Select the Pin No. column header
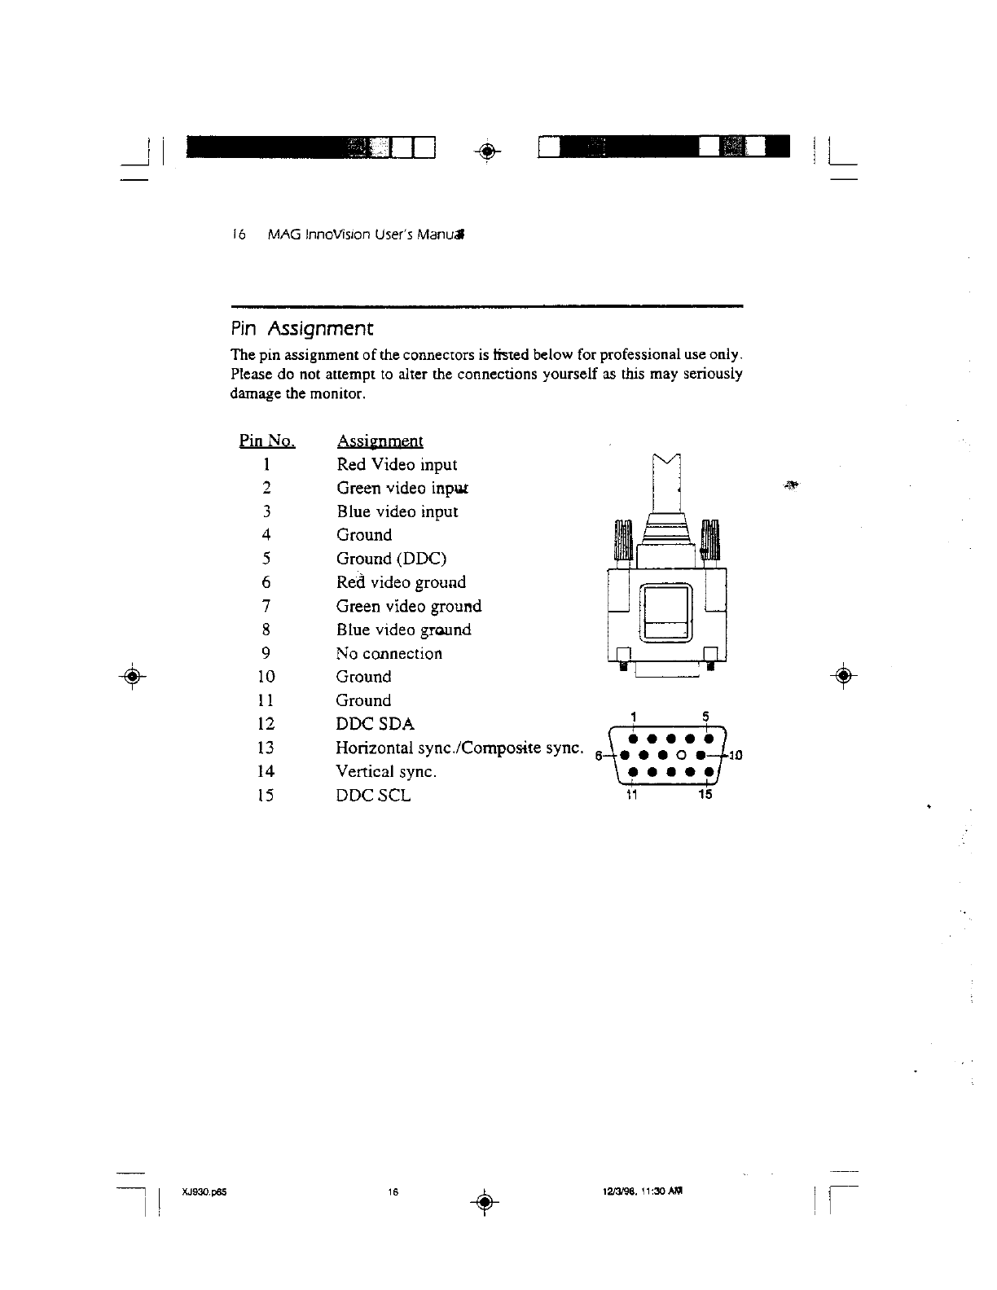[x=266, y=441]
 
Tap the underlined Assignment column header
[x=380, y=441]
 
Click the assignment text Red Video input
[x=397, y=465]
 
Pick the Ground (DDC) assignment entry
[x=391, y=559]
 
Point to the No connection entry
[x=389, y=653]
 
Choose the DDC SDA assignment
[x=376, y=724]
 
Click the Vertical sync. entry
[x=387, y=771]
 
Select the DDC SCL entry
[x=374, y=795]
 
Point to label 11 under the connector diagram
[x=630, y=794]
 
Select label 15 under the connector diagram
[x=705, y=794]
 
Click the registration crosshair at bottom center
[x=483, y=1201]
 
